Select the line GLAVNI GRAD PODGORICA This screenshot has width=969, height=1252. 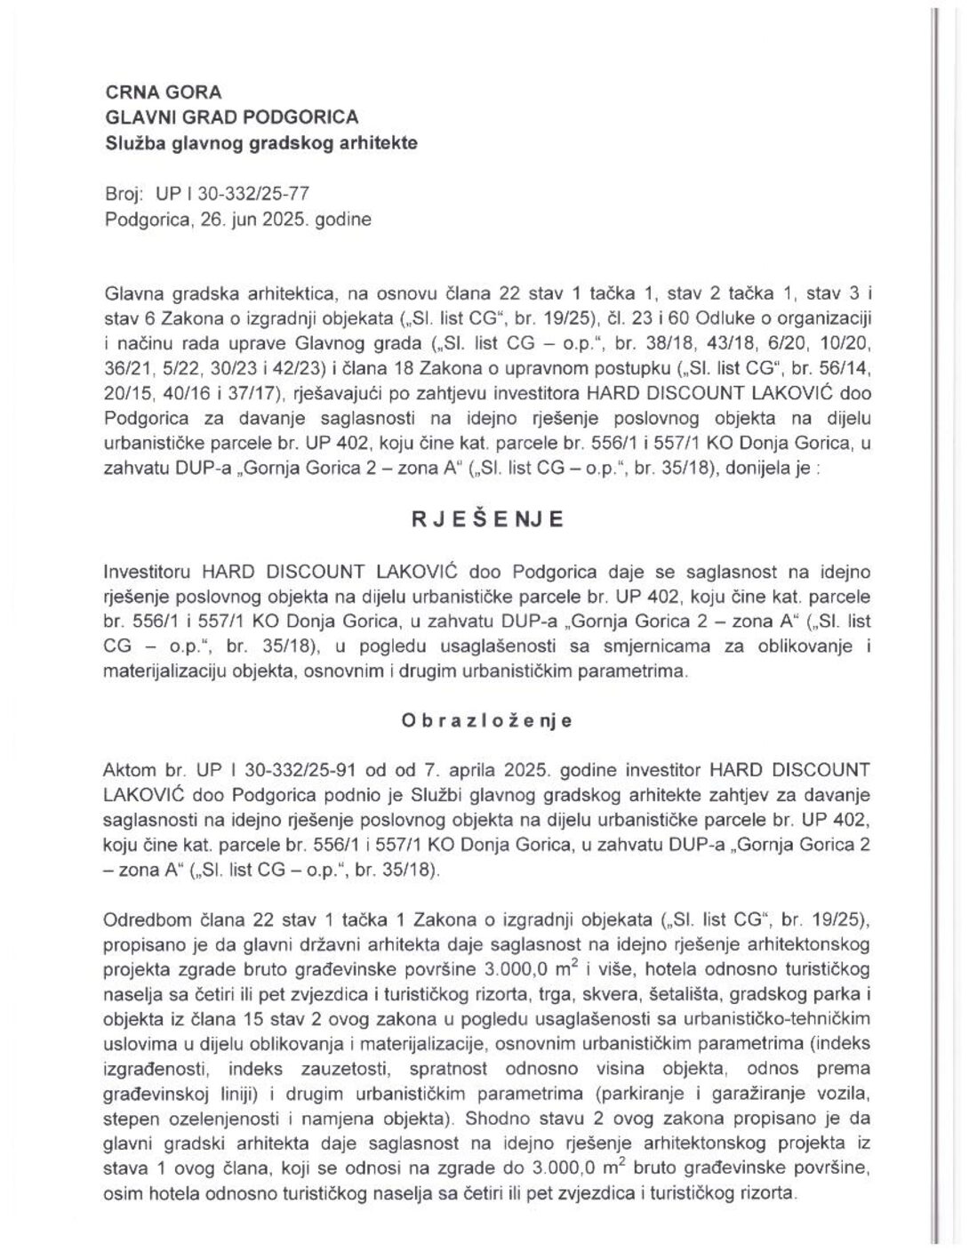pos(231,116)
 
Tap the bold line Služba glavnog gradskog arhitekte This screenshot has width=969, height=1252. pos(260,141)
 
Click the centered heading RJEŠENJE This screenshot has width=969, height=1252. pos(486,519)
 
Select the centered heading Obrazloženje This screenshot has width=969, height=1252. pos(485,721)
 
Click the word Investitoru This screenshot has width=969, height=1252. pos(146,570)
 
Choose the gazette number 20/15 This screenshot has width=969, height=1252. pos(124,392)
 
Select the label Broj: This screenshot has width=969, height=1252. pos(124,193)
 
